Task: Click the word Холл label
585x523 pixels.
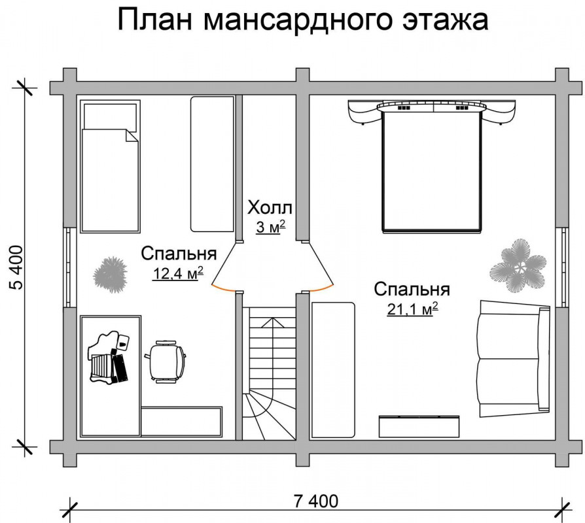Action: pyautogui.click(x=270, y=208)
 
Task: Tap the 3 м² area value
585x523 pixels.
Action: pyautogui.click(x=270, y=227)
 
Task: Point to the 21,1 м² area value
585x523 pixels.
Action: pyautogui.click(x=412, y=309)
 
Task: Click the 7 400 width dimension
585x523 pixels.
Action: pyautogui.click(x=316, y=501)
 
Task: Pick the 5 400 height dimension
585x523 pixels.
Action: pyautogui.click(x=17, y=267)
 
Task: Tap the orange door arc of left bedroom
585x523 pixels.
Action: pyautogui.click(x=222, y=288)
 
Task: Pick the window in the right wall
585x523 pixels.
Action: pyautogui.click(x=562, y=267)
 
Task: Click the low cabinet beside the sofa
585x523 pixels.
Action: pyautogui.click(x=419, y=426)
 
